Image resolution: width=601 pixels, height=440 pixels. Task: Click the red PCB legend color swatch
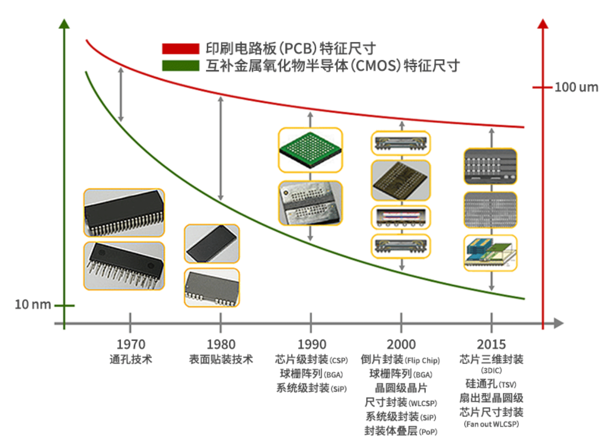click(180, 49)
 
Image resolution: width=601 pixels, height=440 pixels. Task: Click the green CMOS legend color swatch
click(180, 65)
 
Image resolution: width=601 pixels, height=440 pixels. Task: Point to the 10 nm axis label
click(33, 305)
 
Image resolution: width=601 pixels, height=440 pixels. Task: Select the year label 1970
click(130, 344)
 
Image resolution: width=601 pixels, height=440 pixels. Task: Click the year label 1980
click(221, 344)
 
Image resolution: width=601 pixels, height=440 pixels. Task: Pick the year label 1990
click(311, 344)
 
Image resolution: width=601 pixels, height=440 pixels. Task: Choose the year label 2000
click(401, 344)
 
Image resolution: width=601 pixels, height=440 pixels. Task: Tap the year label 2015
click(491, 344)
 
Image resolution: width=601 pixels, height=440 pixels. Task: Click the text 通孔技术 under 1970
click(130, 359)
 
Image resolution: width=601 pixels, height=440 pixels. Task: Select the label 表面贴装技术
click(221, 359)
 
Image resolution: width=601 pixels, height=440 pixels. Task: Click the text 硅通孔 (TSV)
click(491, 384)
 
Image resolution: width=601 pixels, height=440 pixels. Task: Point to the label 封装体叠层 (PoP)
click(401, 430)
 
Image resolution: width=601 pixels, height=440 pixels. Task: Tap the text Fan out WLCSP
click(491, 424)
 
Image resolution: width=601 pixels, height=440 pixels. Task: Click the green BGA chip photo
click(311, 150)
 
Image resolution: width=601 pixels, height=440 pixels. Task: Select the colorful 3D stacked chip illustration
click(490, 253)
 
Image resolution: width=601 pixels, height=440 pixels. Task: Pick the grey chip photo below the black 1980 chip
click(212, 288)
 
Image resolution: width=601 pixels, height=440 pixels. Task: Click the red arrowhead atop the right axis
click(543, 24)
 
